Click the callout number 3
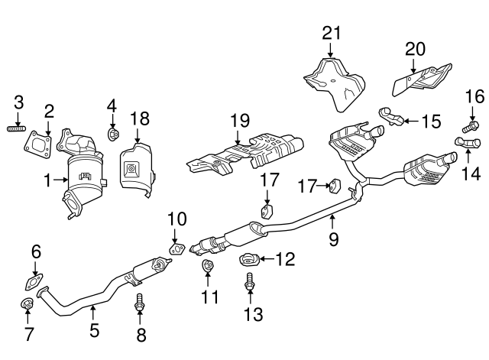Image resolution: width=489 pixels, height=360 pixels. pyautogui.click(x=20, y=102)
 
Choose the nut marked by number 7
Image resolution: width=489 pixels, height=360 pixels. pyautogui.click(x=28, y=306)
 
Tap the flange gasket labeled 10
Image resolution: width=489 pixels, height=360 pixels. pyautogui.click(x=176, y=247)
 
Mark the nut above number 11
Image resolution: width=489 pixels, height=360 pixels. pyautogui.click(x=207, y=267)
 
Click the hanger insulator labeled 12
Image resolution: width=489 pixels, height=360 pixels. pyautogui.click(x=250, y=258)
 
